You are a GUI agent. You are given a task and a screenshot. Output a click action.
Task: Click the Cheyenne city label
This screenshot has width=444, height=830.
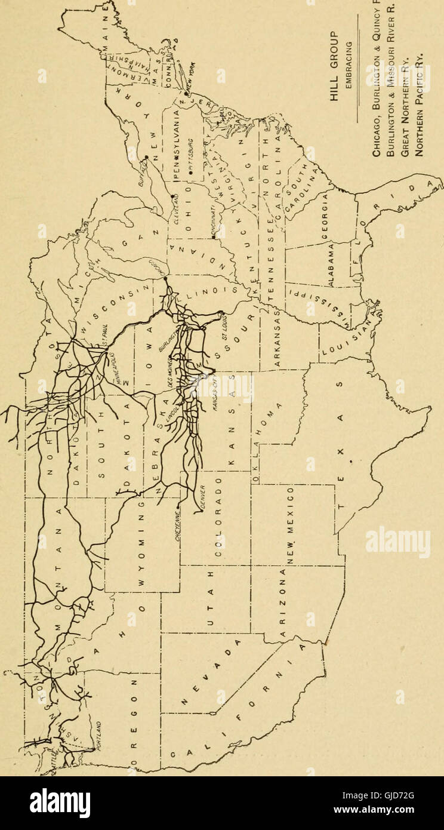click(177, 525)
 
